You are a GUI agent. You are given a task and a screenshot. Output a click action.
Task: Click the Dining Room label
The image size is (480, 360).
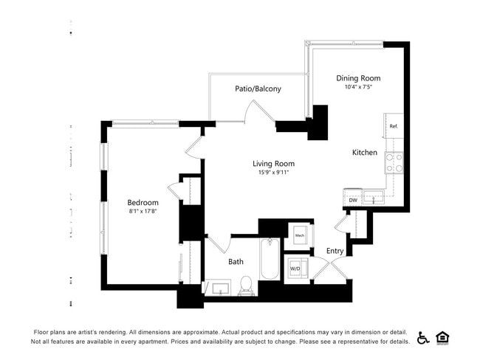pyautogui.click(x=358, y=77)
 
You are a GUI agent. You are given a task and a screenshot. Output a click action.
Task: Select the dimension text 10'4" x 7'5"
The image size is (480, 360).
pyautogui.click(x=358, y=87)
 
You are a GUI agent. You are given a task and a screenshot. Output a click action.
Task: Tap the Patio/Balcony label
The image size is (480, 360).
pyautogui.click(x=258, y=89)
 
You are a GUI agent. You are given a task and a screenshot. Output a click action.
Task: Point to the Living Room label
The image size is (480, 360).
pyautogui.click(x=273, y=164)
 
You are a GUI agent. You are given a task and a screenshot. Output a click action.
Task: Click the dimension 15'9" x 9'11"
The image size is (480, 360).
pyautogui.click(x=273, y=173)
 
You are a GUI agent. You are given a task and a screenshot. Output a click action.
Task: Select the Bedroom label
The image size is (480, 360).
pyautogui.click(x=143, y=203)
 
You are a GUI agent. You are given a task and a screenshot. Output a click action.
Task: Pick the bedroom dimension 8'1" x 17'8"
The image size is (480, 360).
pyautogui.click(x=143, y=212)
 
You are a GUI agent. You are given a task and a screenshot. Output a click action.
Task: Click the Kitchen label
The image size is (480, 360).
pyautogui.click(x=365, y=153)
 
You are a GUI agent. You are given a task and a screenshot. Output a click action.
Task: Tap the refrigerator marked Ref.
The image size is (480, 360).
pyautogui.click(x=394, y=126)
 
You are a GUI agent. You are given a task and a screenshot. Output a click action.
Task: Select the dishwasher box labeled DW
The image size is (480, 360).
pyautogui.click(x=353, y=200)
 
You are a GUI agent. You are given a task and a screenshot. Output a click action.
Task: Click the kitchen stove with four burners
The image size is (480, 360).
pyautogui.click(x=394, y=162)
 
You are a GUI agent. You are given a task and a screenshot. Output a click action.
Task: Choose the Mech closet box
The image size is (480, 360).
pyautogui.click(x=300, y=235)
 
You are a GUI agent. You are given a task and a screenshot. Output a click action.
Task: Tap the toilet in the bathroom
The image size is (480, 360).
pyautogui.click(x=247, y=285)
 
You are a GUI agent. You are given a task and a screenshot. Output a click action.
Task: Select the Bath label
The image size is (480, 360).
pyautogui.click(x=236, y=262)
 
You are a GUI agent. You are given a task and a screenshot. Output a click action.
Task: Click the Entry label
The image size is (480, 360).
pyautogui.click(x=335, y=251)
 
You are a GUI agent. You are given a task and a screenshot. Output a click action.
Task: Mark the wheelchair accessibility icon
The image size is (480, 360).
pyautogui.click(x=424, y=338)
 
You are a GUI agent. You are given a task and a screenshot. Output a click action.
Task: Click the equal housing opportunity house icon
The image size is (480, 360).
pyautogui.click(x=443, y=338)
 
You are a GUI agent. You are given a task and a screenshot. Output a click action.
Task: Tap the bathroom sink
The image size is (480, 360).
pyautogui.click(x=219, y=287)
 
